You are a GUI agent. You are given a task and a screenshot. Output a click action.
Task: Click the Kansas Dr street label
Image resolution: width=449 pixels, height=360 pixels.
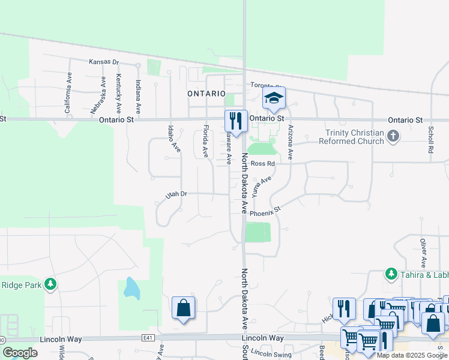[x=104, y=62]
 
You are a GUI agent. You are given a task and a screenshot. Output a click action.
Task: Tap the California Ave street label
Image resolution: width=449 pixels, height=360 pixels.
[x=68, y=94]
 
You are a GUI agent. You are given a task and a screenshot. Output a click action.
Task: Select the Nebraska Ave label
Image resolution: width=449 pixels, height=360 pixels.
[x=94, y=96]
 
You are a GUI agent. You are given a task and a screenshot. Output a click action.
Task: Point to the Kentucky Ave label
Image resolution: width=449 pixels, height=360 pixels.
[x=119, y=94]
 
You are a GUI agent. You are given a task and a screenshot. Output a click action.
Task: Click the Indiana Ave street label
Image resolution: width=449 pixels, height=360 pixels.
[x=138, y=97]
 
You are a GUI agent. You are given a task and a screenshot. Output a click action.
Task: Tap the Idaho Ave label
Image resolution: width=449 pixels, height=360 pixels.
[x=174, y=138]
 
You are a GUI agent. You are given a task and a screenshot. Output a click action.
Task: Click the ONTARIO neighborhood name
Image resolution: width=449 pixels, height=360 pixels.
[x=206, y=94]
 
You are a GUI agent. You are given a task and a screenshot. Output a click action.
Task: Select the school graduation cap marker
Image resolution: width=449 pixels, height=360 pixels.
[x=274, y=98]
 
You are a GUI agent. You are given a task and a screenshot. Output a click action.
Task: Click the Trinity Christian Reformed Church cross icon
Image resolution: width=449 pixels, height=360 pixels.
[x=393, y=136]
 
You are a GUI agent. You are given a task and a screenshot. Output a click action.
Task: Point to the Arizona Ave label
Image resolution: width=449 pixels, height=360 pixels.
[x=291, y=142]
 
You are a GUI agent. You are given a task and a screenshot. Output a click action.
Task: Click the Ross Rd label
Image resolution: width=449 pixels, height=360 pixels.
[x=262, y=163]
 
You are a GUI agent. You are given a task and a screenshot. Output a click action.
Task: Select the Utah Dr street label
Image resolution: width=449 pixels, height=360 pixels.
[x=176, y=194]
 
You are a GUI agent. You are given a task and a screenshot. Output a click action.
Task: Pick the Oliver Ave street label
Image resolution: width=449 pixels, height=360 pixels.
[x=423, y=251]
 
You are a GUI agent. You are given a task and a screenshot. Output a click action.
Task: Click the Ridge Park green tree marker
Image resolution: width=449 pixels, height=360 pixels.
[x=51, y=283]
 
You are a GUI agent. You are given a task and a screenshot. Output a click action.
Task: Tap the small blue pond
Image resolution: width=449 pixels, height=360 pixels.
[x=131, y=289]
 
